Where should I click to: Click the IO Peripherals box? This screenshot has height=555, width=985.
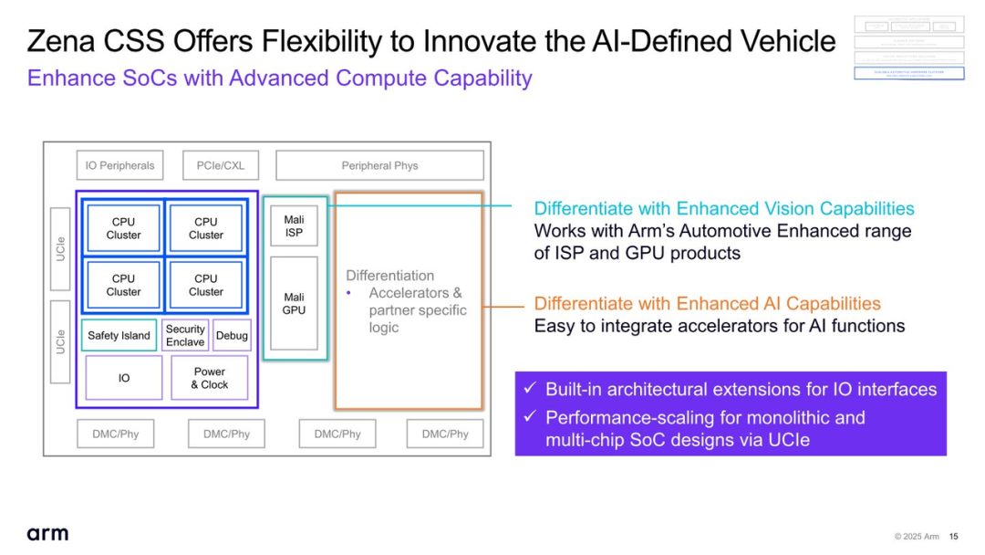pyautogui.click(x=119, y=165)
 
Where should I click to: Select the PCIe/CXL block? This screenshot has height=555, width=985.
pyautogui.click(x=220, y=165)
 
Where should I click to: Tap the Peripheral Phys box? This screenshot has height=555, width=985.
pyautogui.click(x=379, y=165)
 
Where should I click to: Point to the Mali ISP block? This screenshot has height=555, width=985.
pyautogui.click(x=294, y=225)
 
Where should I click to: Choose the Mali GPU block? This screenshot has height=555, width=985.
pyautogui.click(x=294, y=303)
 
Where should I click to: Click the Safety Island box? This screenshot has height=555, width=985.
pyautogui.click(x=119, y=335)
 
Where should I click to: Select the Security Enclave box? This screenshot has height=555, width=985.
pyautogui.click(x=185, y=335)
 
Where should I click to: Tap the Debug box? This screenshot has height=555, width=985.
pyautogui.click(x=232, y=335)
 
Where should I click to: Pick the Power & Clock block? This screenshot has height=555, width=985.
pyautogui.click(x=209, y=378)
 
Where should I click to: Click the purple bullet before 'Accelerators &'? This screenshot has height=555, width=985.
pyautogui.click(x=349, y=293)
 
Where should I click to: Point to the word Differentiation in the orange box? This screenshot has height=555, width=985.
pyautogui.click(x=389, y=276)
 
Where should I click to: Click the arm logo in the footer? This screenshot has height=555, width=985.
pyautogui.click(x=47, y=533)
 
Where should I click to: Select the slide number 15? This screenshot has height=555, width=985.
pyautogui.click(x=953, y=536)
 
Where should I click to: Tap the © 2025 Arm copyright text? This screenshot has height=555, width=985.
pyautogui.click(x=917, y=536)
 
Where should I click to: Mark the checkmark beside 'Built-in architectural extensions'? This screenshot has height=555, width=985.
pyautogui.click(x=529, y=390)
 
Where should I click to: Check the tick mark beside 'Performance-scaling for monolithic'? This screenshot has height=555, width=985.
pyautogui.click(x=529, y=418)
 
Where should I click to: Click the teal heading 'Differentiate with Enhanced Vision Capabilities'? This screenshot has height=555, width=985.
pyautogui.click(x=723, y=208)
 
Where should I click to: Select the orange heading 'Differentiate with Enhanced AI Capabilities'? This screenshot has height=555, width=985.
pyautogui.click(x=707, y=303)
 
